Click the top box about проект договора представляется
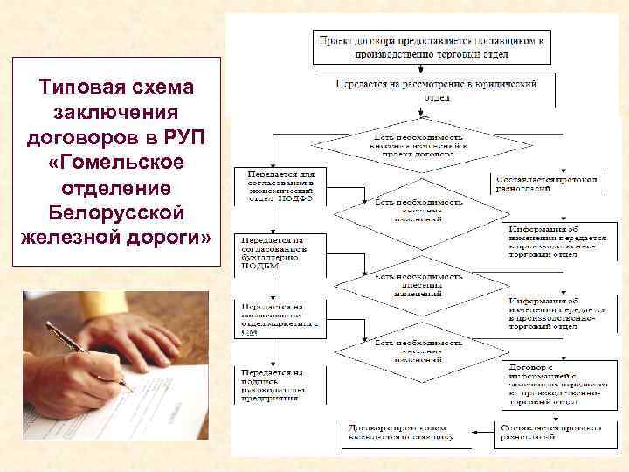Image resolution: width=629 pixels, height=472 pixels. click(433, 47)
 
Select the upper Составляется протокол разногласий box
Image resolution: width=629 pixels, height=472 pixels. click(547, 183)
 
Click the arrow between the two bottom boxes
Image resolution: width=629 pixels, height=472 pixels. click(475, 430)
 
